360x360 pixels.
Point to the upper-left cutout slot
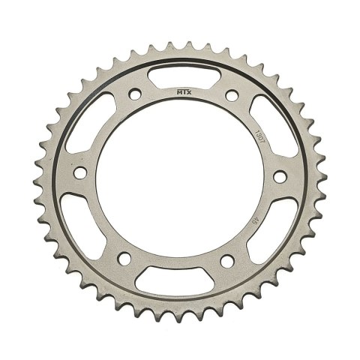coord(88,127)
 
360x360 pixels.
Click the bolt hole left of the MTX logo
coord(135,94)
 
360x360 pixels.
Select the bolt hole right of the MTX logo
coord(229,94)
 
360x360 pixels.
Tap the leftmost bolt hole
coord(85,186)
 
